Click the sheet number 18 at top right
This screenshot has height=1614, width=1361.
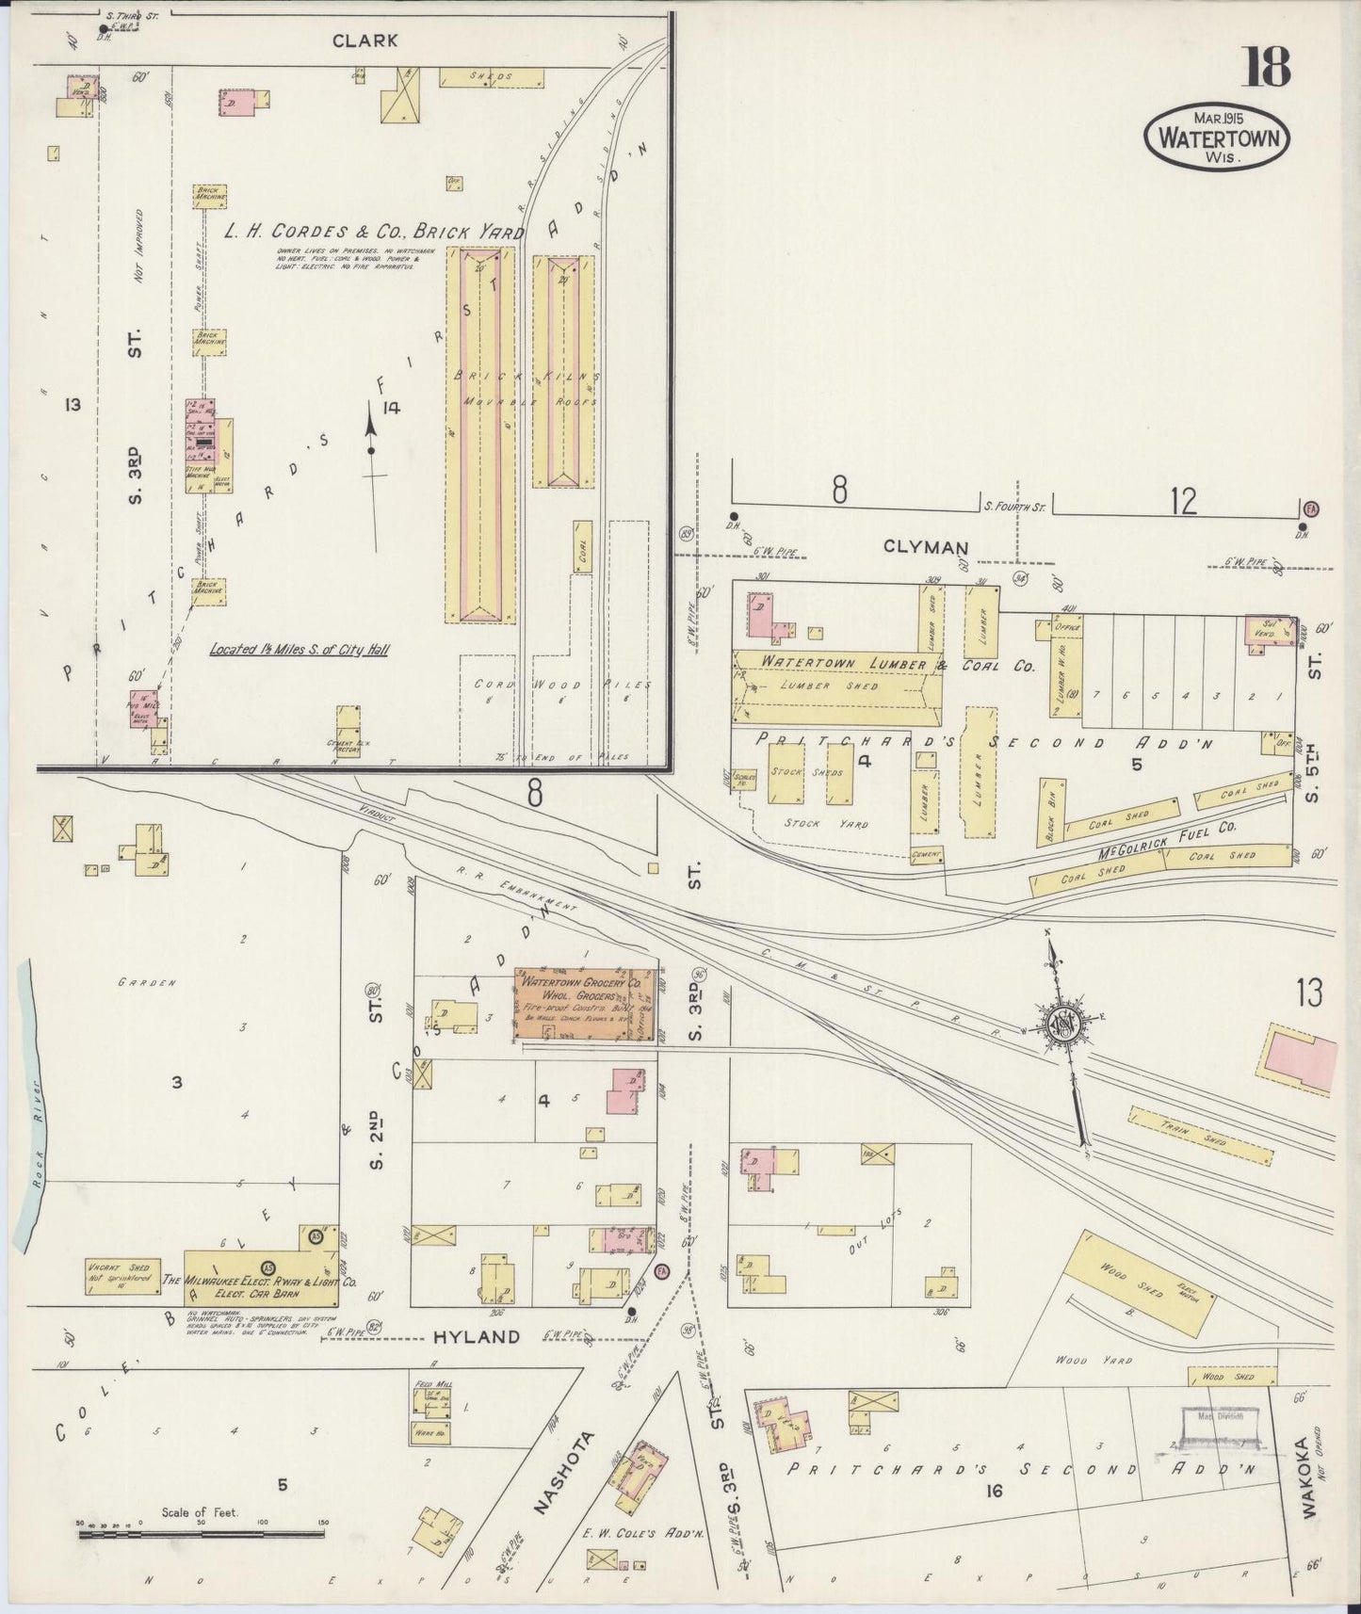[1266, 67]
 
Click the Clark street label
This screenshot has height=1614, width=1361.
[365, 40]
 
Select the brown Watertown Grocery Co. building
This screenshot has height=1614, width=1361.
[584, 1005]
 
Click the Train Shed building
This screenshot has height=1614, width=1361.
[1202, 1136]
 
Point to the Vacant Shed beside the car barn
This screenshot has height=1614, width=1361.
[122, 1278]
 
